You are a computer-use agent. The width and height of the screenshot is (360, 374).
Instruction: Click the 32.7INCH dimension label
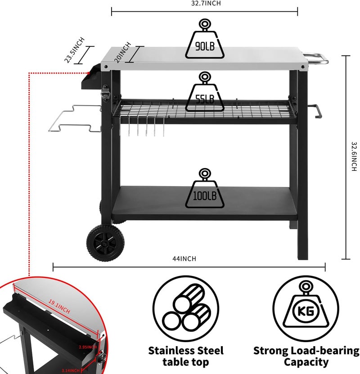206,3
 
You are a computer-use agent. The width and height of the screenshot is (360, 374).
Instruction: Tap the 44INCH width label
184,259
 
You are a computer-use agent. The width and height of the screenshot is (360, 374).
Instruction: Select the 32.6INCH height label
354,156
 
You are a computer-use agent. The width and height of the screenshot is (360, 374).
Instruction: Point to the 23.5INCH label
74,50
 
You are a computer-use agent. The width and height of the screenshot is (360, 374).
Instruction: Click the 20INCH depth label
123,52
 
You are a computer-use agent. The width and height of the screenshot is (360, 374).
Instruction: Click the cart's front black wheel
105,243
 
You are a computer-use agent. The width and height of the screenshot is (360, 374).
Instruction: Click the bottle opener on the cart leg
105,93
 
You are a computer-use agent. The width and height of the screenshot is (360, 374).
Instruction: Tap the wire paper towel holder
75,119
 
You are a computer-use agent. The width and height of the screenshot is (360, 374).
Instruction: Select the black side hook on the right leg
315,111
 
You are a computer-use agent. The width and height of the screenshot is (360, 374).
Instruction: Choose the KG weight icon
306,309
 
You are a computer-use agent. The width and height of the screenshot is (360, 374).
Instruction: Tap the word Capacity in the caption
306,362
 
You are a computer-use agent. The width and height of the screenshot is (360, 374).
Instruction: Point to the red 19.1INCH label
59,307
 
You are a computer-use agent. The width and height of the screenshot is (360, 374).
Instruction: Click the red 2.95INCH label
88,347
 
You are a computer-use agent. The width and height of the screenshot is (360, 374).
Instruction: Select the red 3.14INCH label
70,371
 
